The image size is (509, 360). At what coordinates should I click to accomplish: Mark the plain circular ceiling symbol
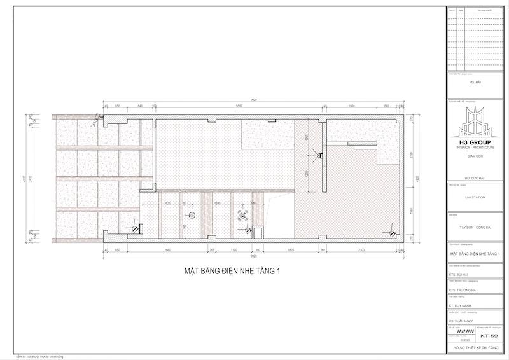(x=193, y=214)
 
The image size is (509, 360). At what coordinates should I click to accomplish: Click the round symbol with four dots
(x=242, y=214)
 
